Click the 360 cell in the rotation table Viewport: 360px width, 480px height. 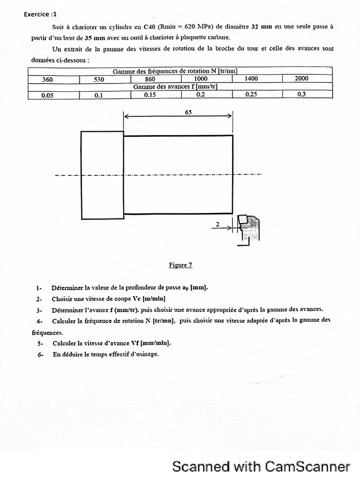(47, 79)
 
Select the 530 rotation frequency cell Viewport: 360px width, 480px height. (98, 79)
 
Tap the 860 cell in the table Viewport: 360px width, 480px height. (150, 79)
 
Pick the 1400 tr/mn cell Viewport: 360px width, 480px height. (251, 79)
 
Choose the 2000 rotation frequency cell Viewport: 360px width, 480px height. (301, 79)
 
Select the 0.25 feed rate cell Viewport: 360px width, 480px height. (251, 94)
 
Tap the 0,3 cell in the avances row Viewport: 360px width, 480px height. (301, 94)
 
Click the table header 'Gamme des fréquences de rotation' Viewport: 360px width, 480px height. (175, 71)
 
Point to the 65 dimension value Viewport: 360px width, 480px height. (189, 113)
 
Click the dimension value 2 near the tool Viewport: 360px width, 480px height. (217, 225)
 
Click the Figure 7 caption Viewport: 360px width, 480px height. (180, 265)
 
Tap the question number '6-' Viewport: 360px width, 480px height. (41, 354)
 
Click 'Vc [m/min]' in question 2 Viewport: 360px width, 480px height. (143, 299)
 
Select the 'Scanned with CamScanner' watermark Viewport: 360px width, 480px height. (261, 466)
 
